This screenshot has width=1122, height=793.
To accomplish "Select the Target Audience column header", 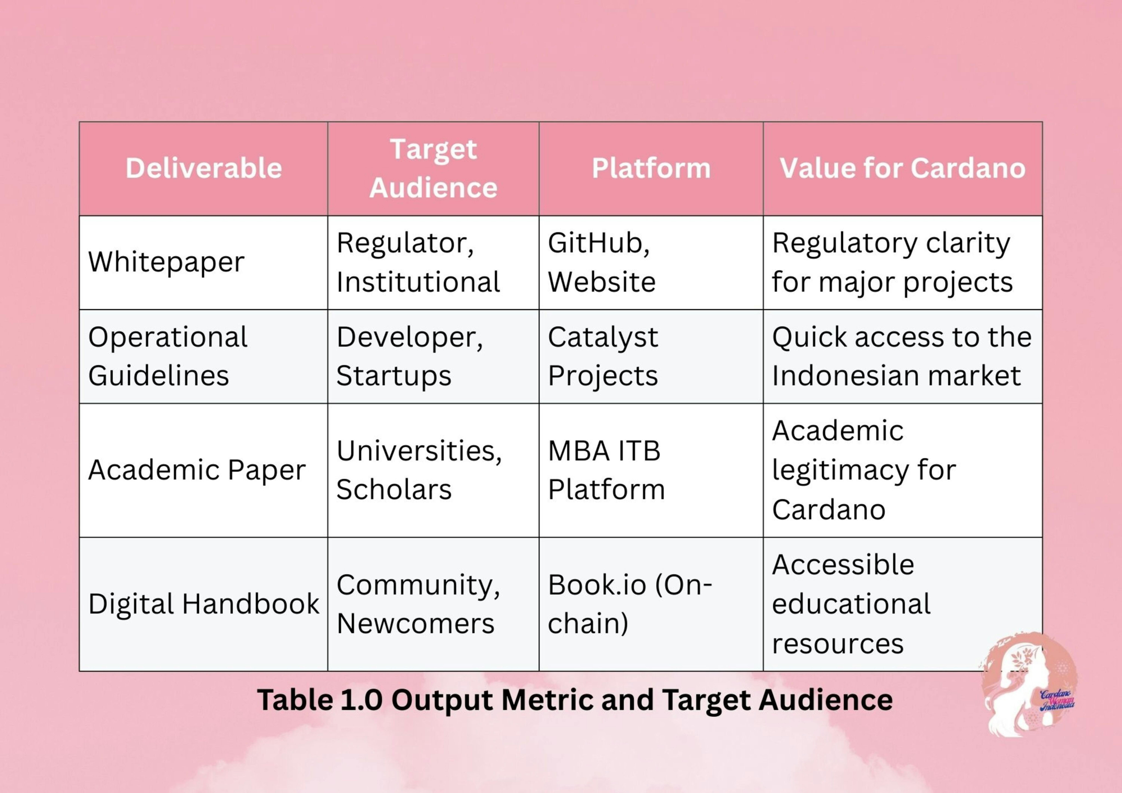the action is [x=433, y=168].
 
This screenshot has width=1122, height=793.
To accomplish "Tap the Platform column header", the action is [x=651, y=168].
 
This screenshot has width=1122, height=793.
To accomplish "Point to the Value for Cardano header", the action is [x=902, y=168].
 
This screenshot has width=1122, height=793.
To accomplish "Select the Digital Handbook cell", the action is [x=204, y=604].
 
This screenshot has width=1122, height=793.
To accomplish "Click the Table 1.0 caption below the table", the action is [x=575, y=700].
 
